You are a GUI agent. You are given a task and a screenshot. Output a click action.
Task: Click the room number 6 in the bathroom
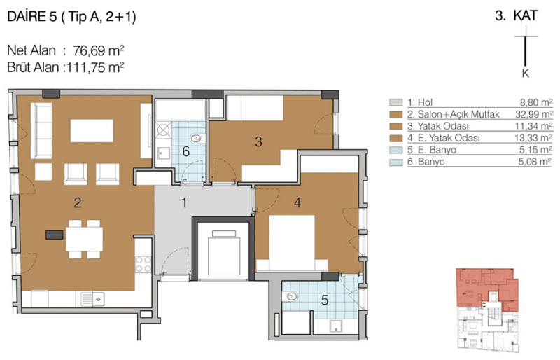pos(185,151)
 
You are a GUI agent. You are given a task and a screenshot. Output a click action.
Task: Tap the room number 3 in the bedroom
pos(258,142)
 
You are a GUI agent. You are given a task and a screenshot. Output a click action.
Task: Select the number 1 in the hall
pos(184,202)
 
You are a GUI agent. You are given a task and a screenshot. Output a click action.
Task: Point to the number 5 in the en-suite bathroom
pos(325,300)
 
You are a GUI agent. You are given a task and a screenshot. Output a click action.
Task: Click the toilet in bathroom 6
pos(197,138)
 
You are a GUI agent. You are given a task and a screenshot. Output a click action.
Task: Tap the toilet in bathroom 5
pos(290,296)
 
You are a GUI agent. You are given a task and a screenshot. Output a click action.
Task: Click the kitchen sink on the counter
pos(93,299)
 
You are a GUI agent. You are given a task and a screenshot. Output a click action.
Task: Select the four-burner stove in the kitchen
pos(143,264)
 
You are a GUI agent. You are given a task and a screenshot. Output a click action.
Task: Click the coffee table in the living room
pos(92,130)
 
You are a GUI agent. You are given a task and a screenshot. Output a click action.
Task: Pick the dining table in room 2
pos(84,239)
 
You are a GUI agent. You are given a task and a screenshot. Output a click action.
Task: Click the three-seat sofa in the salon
pos(41,130)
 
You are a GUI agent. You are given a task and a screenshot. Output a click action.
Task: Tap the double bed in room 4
pos(292,243)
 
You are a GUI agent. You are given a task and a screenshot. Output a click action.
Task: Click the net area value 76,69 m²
pos(99,50)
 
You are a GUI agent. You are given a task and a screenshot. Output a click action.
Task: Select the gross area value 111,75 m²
pos(94,67)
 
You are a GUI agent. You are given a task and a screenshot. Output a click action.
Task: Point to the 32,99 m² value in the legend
pos(534,114)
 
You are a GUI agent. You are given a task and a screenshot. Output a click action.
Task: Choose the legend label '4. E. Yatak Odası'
pos(444,138)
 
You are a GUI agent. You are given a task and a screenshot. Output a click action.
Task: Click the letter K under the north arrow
pos(526,74)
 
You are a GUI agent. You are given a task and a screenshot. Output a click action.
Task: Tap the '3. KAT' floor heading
pos(517,15)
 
